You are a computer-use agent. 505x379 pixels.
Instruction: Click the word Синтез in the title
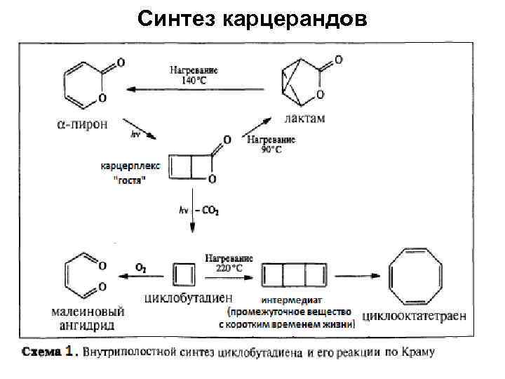point(176,19)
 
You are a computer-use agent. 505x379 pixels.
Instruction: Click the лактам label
point(306,119)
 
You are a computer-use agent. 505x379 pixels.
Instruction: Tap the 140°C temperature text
point(194,80)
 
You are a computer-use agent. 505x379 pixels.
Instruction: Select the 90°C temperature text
point(271,149)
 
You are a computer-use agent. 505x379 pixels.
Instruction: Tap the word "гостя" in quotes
point(130,181)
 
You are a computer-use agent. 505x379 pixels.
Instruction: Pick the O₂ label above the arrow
point(140,267)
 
